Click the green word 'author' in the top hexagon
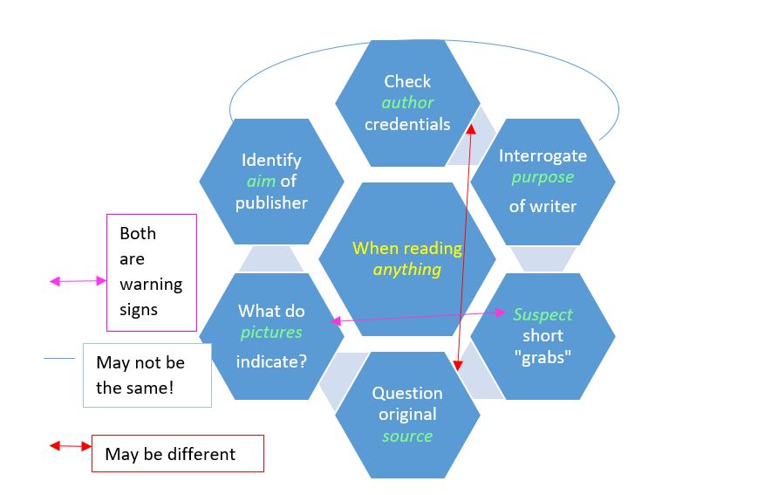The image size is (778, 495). pyautogui.click(x=407, y=103)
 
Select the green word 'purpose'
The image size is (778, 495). pyautogui.click(x=543, y=177)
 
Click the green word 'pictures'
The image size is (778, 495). pyautogui.click(x=271, y=333)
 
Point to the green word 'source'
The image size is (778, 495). pyautogui.click(x=407, y=436)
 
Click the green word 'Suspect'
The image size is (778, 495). pyautogui.click(x=543, y=314)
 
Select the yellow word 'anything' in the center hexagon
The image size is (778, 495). pyautogui.click(x=407, y=270)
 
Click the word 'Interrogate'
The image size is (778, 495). pyautogui.click(x=543, y=156)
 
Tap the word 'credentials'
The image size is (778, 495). pyautogui.click(x=407, y=124)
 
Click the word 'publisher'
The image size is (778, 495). pyautogui.click(x=271, y=203)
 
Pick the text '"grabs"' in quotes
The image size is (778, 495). pyautogui.click(x=543, y=357)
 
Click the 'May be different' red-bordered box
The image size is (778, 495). pyautogui.click(x=177, y=454)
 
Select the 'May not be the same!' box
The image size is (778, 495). pyautogui.click(x=147, y=375)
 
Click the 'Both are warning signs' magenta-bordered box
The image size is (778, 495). pyautogui.click(x=151, y=272)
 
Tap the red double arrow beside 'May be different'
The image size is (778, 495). pyautogui.click(x=70, y=446)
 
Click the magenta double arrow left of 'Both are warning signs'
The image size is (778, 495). pyautogui.click(x=78, y=281)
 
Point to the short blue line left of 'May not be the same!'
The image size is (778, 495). pyautogui.click(x=59, y=358)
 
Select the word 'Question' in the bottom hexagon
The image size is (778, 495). pyautogui.click(x=407, y=393)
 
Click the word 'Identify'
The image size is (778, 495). pyautogui.click(x=271, y=161)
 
